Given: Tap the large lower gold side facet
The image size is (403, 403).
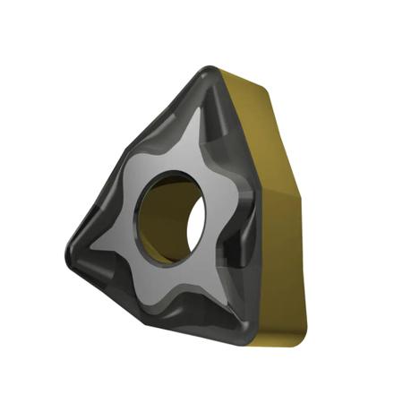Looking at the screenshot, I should (x=287, y=251).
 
